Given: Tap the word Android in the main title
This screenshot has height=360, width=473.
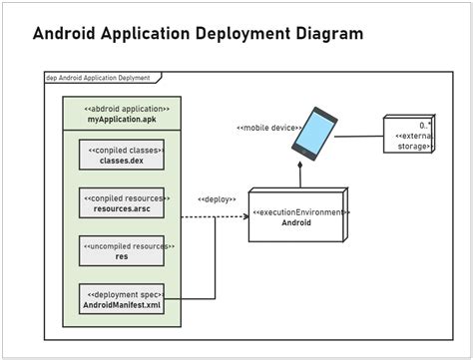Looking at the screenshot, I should pyautogui.click(x=70, y=34).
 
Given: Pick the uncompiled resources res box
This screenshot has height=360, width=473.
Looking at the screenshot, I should pyautogui.click(x=121, y=250).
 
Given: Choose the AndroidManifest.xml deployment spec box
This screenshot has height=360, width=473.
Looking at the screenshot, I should pyautogui.click(x=121, y=299).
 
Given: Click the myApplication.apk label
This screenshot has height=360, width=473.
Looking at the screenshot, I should pyautogui.click(x=121, y=119).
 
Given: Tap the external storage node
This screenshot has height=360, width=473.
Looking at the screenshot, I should pyautogui.click(x=409, y=134).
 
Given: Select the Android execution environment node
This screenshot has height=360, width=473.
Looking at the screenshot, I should pyautogui.click(x=297, y=216).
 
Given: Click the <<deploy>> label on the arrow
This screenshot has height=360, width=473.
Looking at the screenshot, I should pyautogui.click(x=216, y=199).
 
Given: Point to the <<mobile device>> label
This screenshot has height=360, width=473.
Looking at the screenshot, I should pyautogui.click(x=265, y=127).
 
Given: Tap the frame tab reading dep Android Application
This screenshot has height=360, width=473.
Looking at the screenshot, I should pyautogui.click(x=98, y=77).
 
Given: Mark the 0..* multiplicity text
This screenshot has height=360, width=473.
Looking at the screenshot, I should pyautogui.click(x=425, y=126).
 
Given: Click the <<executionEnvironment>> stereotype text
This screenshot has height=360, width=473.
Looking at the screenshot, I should pyautogui.click(x=298, y=211).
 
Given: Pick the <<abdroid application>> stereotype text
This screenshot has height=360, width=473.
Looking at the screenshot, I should pyautogui.click(x=121, y=108).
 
